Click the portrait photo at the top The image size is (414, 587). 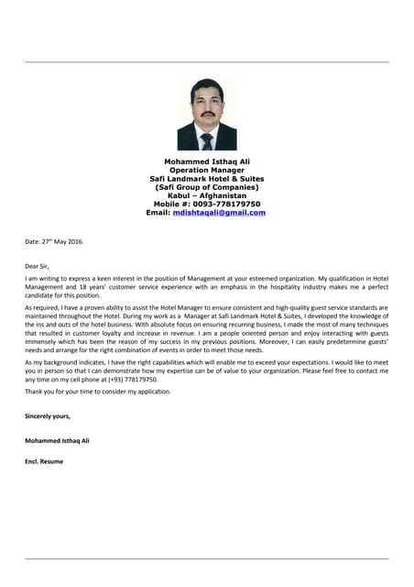tap(206, 114)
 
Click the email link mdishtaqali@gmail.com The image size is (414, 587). tap(219, 213)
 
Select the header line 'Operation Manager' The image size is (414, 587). tap(206, 170)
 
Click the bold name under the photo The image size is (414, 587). tap(206, 161)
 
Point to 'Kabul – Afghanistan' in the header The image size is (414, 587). tap(206, 195)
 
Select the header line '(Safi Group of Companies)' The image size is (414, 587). tap(206, 187)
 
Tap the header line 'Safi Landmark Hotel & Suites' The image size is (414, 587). tap(206, 178)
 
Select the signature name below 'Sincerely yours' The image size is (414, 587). tap(57, 440)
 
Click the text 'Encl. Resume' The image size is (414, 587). tap(44, 461)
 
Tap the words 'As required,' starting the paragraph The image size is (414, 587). tap(41, 308)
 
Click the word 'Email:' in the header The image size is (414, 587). tap(158, 213)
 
